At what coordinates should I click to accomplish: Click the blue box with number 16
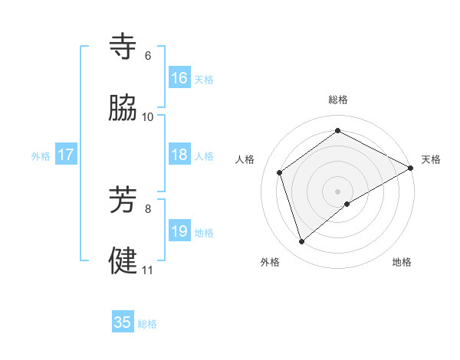[179, 78]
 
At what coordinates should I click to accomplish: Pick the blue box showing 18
[179, 155]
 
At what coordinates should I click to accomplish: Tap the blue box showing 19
[179, 231]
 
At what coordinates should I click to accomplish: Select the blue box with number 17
[66, 155]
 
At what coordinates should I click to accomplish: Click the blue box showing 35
[123, 322]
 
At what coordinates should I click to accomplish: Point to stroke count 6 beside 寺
[148, 56]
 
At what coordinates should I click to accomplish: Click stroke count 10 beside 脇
[148, 117]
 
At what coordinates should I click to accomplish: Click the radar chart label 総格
[338, 100]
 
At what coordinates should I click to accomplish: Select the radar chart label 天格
[431, 159]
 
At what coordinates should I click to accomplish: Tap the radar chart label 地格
[402, 262]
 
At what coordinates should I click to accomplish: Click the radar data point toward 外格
[301, 242]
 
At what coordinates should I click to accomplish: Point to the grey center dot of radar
[338, 191]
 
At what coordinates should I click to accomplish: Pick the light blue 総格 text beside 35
[147, 324]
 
